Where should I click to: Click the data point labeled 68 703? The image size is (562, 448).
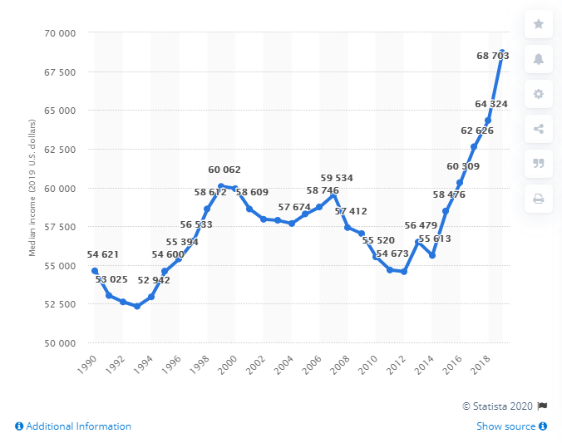click(502, 52)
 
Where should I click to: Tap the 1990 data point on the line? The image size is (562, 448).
click(95, 271)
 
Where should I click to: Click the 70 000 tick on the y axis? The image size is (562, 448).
click(59, 32)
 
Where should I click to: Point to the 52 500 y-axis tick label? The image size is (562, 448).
click(59, 304)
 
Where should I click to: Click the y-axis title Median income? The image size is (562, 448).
click(33, 188)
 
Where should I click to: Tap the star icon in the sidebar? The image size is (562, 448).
click(538, 24)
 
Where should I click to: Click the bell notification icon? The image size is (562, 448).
click(538, 59)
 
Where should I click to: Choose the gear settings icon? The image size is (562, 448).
click(538, 94)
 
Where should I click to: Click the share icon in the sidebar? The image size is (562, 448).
click(538, 129)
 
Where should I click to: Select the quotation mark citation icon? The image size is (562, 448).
click(538, 164)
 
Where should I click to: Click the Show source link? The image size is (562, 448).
click(511, 426)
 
